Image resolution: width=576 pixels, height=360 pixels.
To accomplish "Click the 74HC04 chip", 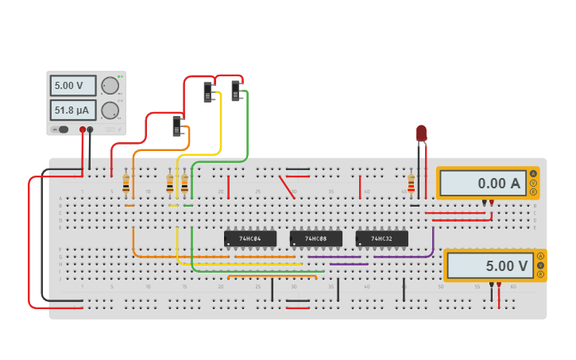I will point(250,238).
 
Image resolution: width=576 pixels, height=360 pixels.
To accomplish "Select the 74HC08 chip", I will point(315,238).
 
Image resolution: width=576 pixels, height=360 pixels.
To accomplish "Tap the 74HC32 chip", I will point(381,238).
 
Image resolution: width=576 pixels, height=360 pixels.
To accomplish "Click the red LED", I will point(421,133).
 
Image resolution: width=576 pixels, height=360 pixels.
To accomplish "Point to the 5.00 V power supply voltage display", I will point(73,86).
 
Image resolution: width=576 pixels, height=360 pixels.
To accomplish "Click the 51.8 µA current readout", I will point(73,110).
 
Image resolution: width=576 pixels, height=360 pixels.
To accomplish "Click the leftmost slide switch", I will point(177,126).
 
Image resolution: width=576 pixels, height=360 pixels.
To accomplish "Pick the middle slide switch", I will point(208,92).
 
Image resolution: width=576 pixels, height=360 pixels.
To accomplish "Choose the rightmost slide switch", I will point(236,91).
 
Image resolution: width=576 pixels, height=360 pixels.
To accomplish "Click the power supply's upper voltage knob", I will point(110,85).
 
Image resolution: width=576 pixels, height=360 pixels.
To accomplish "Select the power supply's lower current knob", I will point(110,110).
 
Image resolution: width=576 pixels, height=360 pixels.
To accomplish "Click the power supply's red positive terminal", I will point(82,130).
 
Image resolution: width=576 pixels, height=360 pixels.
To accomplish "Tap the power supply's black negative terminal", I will point(90,130).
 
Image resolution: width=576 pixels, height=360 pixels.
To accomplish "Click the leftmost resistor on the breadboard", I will point(126,184).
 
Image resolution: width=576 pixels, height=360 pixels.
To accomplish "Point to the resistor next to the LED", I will point(411,184).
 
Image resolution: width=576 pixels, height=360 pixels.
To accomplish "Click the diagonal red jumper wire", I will point(287,188).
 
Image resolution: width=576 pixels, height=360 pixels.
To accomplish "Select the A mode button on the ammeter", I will point(533,173).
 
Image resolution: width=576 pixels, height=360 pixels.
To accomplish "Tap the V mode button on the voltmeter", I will point(540,265).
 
